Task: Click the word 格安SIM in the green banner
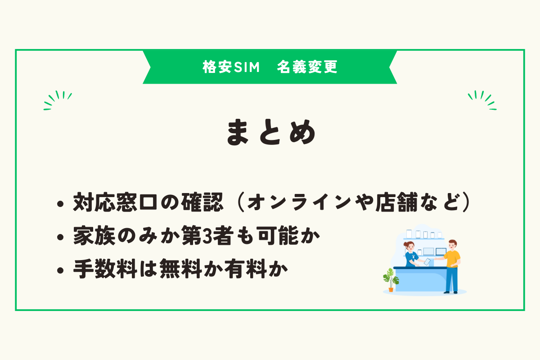[x=231, y=67]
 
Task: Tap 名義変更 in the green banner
[x=307, y=67]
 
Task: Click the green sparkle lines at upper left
[x=58, y=100]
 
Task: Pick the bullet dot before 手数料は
[x=60, y=271]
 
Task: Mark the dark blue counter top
[x=418, y=268]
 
